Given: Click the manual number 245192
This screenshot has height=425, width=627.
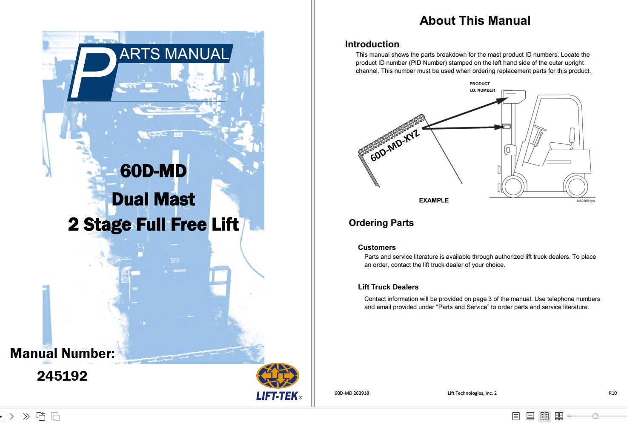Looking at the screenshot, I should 62,376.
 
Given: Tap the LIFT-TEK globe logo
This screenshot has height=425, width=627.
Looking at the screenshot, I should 278,376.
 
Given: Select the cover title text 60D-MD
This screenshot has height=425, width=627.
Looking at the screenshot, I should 153,171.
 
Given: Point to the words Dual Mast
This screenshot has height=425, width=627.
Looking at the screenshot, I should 153,199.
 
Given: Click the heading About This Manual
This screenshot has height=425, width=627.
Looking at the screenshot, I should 475,20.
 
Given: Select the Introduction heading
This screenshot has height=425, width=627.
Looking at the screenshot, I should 372,44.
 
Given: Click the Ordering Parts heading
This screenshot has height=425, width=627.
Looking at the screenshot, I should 381,223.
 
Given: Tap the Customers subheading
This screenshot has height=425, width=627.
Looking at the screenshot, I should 377,247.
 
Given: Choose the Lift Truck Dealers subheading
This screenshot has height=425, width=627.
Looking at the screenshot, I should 388,287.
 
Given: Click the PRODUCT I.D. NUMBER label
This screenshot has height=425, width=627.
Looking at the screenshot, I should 482,87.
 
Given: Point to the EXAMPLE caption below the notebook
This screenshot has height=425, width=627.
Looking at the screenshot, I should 433,200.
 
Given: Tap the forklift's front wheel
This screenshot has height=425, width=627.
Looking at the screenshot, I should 513,186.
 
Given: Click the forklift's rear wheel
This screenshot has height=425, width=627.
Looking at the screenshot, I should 575,186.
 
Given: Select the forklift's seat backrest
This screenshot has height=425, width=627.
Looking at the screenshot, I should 572,136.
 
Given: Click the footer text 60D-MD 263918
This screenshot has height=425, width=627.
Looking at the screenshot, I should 352,393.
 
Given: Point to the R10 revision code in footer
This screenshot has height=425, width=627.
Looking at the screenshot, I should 613,393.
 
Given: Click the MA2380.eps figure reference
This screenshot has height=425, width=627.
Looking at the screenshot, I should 585,201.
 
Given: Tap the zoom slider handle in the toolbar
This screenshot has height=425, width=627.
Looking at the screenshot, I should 595,416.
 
